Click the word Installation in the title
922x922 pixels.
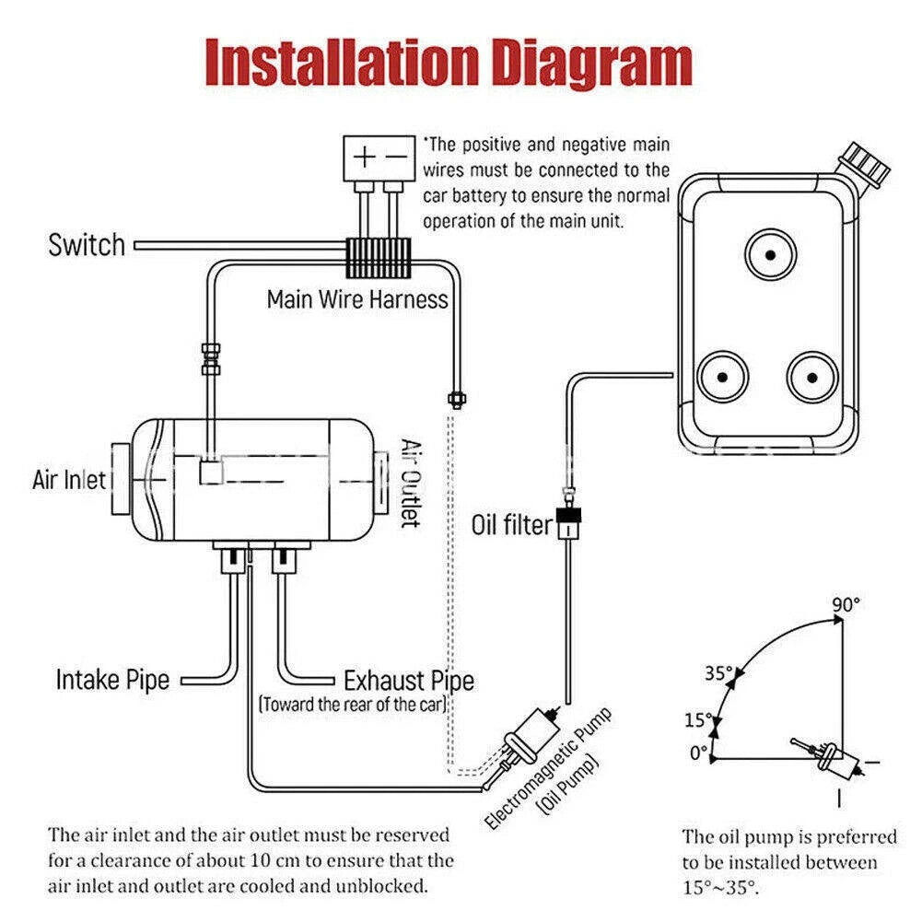click(339, 63)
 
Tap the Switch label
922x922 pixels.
click(87, 246)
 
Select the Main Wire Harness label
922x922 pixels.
click(357, 299)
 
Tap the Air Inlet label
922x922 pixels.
click(69, 480)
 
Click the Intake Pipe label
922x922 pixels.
click(112, 681)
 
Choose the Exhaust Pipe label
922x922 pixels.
click(409, 682)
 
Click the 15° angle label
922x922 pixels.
click(699, 718)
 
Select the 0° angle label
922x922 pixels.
click(698, 753)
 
